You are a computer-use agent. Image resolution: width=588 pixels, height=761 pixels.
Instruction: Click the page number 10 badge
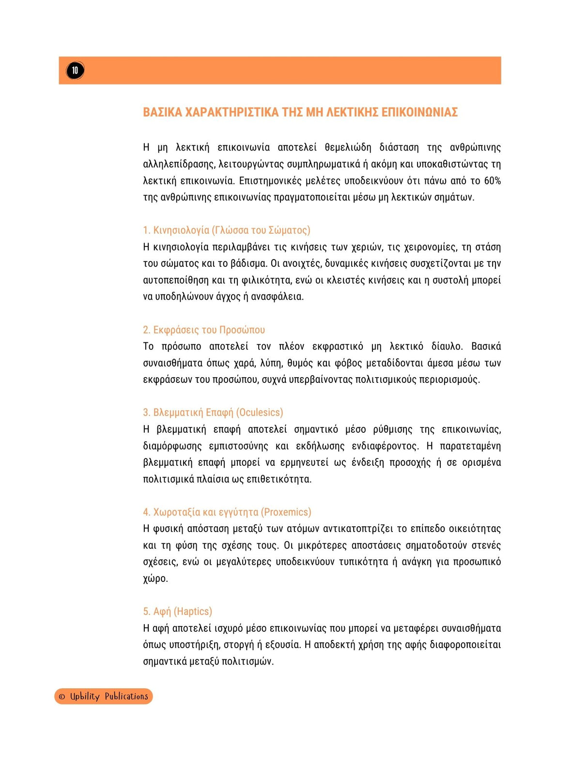(75, 70)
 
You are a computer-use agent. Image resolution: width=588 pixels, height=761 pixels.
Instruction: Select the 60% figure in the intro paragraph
(492, 181)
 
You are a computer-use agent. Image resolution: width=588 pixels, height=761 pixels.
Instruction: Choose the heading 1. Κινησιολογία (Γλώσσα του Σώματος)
(226, 230)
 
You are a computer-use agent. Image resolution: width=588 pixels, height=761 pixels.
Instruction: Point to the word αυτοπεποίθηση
(176, 280)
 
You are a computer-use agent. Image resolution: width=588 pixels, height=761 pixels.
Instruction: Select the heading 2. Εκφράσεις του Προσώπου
(204, 330)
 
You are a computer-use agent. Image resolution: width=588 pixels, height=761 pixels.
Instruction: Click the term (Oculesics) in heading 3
(260, 412)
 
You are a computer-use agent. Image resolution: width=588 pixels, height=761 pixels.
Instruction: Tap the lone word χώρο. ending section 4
(155, 578)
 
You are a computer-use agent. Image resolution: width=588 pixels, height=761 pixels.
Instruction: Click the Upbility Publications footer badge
(104, 696)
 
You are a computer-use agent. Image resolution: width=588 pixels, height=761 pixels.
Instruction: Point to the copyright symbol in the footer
(62, 697)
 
